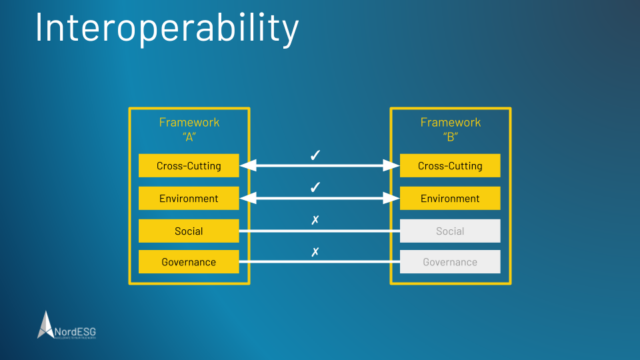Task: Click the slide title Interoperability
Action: coord(166,29)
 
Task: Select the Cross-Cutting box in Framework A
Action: coord(189,166)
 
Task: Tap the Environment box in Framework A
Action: coord(189,198)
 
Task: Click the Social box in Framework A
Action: coord(189,231)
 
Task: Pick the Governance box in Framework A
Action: coord(189,263)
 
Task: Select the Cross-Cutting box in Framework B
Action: coord(449,166)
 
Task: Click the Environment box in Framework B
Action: coord(449,198)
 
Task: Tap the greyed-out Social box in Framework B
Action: coord(449,231)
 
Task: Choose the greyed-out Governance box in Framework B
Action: coord(449,263)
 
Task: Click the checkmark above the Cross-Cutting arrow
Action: coord(315,155)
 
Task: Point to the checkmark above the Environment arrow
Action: coord(315,187)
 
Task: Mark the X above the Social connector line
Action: coord(315,220)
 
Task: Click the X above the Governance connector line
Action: coord(315,252)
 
